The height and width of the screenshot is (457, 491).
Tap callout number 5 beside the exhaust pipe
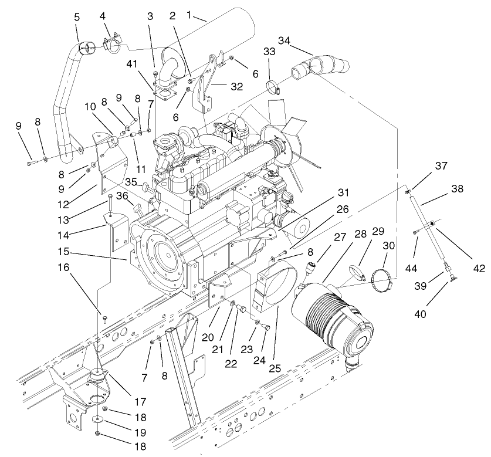77,18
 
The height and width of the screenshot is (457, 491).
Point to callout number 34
284,40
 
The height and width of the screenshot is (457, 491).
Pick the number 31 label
343,192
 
